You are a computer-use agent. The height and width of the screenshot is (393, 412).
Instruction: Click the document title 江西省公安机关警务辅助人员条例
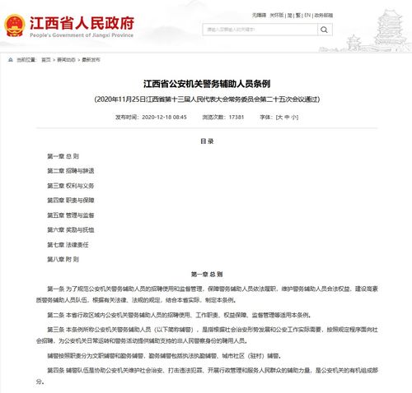(x=207, y=84)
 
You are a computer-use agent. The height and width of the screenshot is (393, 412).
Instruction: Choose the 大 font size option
(x=280, y=118)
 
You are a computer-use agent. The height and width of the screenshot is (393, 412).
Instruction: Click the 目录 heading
(x=207, y=141)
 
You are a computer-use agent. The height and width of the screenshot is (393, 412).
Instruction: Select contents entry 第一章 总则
(x=63, y=155)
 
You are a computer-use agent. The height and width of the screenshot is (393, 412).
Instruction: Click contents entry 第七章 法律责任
(x=67, y=244)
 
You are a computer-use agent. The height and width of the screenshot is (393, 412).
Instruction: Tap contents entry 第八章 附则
(x=63, y=259)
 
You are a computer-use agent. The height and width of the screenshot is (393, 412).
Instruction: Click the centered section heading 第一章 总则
(x=207, y=274)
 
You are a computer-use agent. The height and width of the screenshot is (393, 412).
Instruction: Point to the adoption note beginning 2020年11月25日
(x=207, y=97)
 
